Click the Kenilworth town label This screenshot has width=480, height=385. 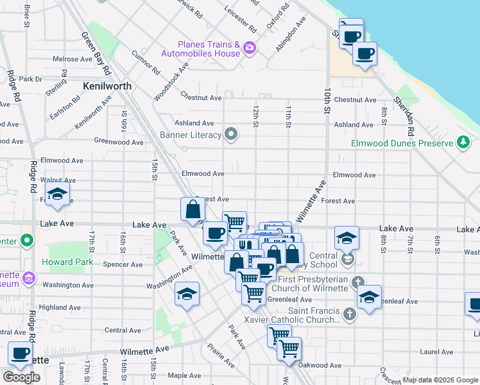(107, 85)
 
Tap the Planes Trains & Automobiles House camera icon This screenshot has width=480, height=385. (250, 47)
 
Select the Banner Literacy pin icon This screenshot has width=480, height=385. (231, 135)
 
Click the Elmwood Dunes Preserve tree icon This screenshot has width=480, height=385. (463, 143)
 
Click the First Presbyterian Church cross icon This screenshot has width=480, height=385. (359, 281)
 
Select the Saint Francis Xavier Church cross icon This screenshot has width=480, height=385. (349, 314)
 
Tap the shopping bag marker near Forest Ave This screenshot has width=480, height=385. (193, 209)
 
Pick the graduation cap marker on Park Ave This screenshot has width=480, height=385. (187, 294)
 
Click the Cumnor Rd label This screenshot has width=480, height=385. (145, 61)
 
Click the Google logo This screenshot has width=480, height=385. (21, 377)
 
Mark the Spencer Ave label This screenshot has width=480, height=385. (127, 264)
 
